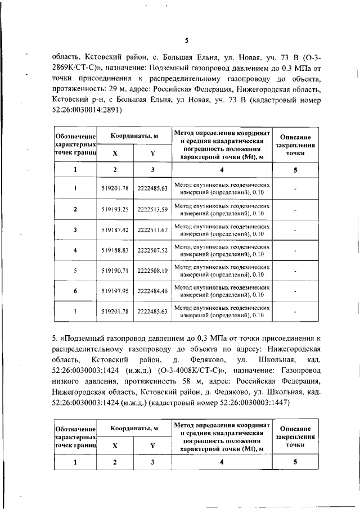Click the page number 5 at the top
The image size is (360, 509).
point(186,39)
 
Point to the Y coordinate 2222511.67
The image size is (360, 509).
point(152,229)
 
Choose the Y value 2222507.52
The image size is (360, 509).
point(152,250)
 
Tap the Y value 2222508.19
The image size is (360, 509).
point(152,270)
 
